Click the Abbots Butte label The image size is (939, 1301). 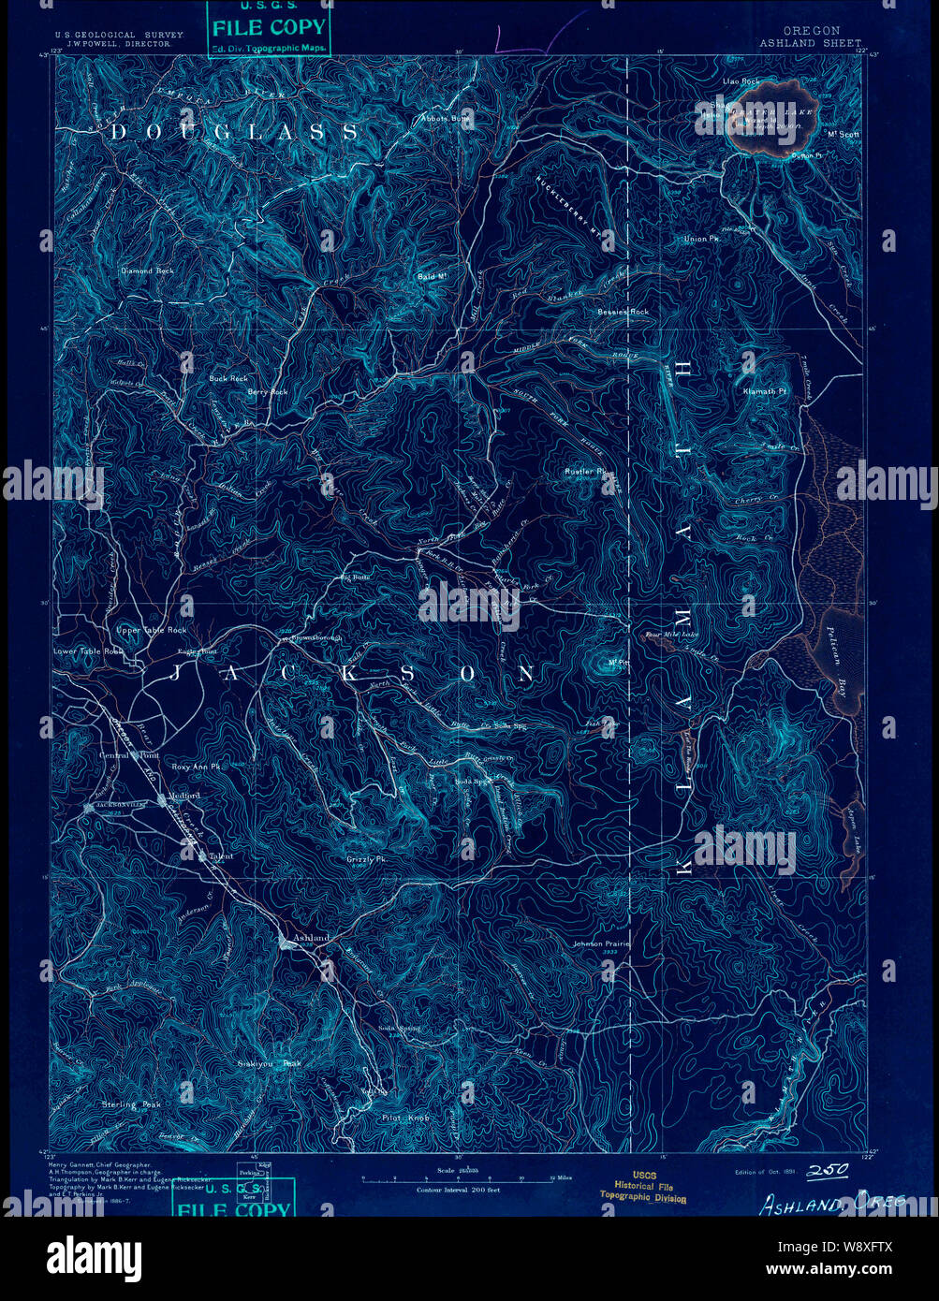(x=446, y=120)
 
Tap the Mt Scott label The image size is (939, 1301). (x=844, y=134)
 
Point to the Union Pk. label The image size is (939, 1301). (x=701, y=240)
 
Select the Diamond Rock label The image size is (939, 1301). (x=147, y=270)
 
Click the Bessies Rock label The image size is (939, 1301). (x=624, y=311)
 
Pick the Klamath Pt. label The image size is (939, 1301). (x=760, y=390)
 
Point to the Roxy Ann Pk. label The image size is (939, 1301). (x=196, y=767)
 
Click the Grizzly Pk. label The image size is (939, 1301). (x=367, y=859)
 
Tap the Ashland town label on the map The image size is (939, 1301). (x=311, y=938)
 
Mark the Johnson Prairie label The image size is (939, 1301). (x=601, y=943)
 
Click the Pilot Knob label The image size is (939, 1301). (x=405, y=1118)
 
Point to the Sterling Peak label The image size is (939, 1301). (x=132, y=1104)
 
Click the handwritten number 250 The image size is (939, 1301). (x=827, y=1170)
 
